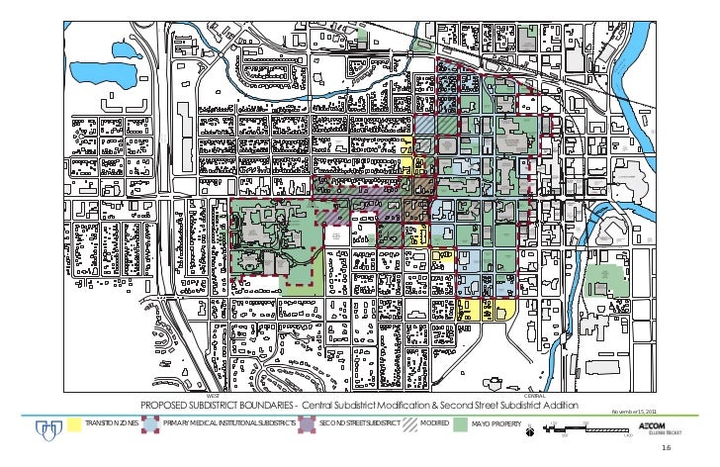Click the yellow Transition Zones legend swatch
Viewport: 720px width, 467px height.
71,423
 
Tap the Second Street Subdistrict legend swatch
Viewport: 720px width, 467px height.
306,423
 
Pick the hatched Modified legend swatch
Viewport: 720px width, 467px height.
407,423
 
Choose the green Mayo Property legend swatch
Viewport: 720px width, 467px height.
460,423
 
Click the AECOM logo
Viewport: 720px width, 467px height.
657,422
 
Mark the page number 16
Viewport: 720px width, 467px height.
693,448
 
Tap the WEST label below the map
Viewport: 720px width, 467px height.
213,396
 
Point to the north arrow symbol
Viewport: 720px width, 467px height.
530,427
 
